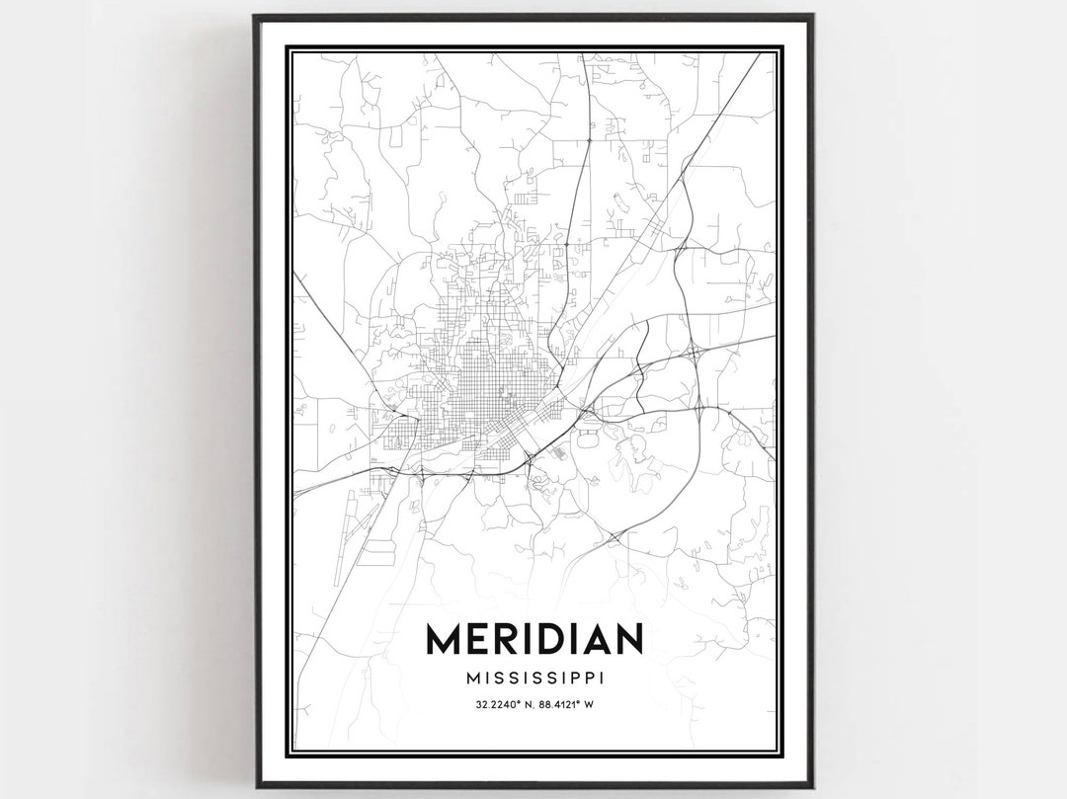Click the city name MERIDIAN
pyautogui.click(x=533, y=639)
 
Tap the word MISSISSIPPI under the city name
pyautogui.click(x=534, y=679)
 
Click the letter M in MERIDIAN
pyautogui.click(x=445, y=639)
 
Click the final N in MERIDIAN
pyautogui.click(x=628, y=639)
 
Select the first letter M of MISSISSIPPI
pyautogui.click(x=468, y=679)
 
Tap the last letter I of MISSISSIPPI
pyautogui.click(x=601, y=679)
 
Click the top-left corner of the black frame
pyautogui.click(x=255, y=16)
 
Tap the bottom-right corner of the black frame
pyautogui.click(x=812, y=786)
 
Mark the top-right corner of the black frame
pyautogui.click(x=812, y=16)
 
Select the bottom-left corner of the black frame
pyautogui.click(x=255, y=786)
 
